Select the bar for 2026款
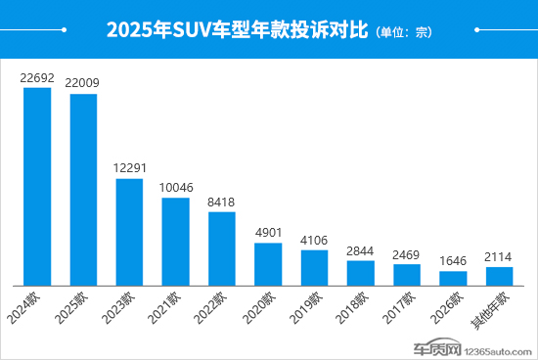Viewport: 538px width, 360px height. (453, 277)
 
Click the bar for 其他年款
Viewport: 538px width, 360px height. (499, 275)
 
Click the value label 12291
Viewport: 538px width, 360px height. (129, 168)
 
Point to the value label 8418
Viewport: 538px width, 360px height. (221, 202)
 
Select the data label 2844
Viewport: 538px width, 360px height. (360, 250)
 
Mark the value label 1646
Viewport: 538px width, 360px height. (453, 261)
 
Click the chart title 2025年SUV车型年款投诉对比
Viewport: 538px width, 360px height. (237, 30)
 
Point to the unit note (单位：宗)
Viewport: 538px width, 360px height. (403, 32)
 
